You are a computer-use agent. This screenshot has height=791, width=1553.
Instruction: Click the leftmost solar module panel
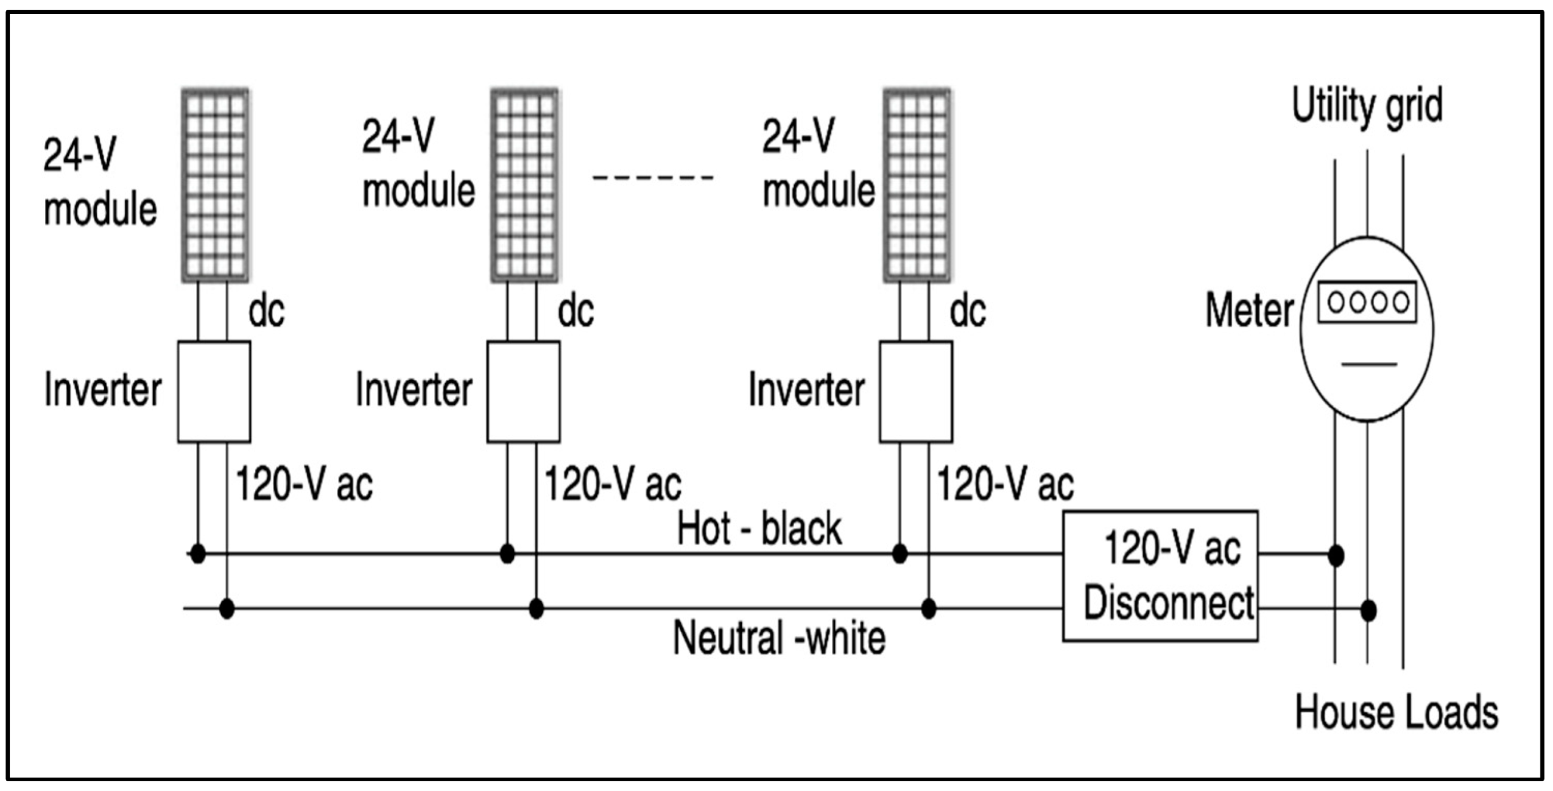click(215, 185)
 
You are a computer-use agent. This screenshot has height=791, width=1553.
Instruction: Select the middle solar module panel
click(524, 185)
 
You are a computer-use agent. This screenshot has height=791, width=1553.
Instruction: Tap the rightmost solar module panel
click(917, 185)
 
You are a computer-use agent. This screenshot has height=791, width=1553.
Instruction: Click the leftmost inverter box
click(214, 392)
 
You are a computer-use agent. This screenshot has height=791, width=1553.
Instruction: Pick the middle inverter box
click(523, 392)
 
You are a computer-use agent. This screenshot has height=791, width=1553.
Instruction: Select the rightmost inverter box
click(915, 392)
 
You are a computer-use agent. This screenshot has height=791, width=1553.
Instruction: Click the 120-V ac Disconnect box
click(1160, 576)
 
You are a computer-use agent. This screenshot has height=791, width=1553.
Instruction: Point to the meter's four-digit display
click(1367, 302)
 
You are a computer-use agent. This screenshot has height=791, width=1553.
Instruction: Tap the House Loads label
click(1396, 712)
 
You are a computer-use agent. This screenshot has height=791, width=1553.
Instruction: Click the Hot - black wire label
click(759, 529)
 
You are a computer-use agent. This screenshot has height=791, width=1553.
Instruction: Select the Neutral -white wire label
click(779, 638)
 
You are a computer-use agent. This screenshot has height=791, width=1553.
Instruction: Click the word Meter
click(1249, 311)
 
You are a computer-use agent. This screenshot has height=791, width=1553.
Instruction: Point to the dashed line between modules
click(653, 178)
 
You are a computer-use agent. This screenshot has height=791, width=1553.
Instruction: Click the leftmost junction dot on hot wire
click(198, 554)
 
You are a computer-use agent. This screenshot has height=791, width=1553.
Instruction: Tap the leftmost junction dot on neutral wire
click(227, 608)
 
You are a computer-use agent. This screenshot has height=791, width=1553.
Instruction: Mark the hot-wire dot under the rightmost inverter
click(900, 554)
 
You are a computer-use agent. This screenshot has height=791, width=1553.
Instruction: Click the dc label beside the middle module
click(576, 311)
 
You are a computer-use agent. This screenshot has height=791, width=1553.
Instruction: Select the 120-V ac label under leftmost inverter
click(303, 485)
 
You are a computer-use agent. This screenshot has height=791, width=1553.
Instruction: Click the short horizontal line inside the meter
click(1369, 365)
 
